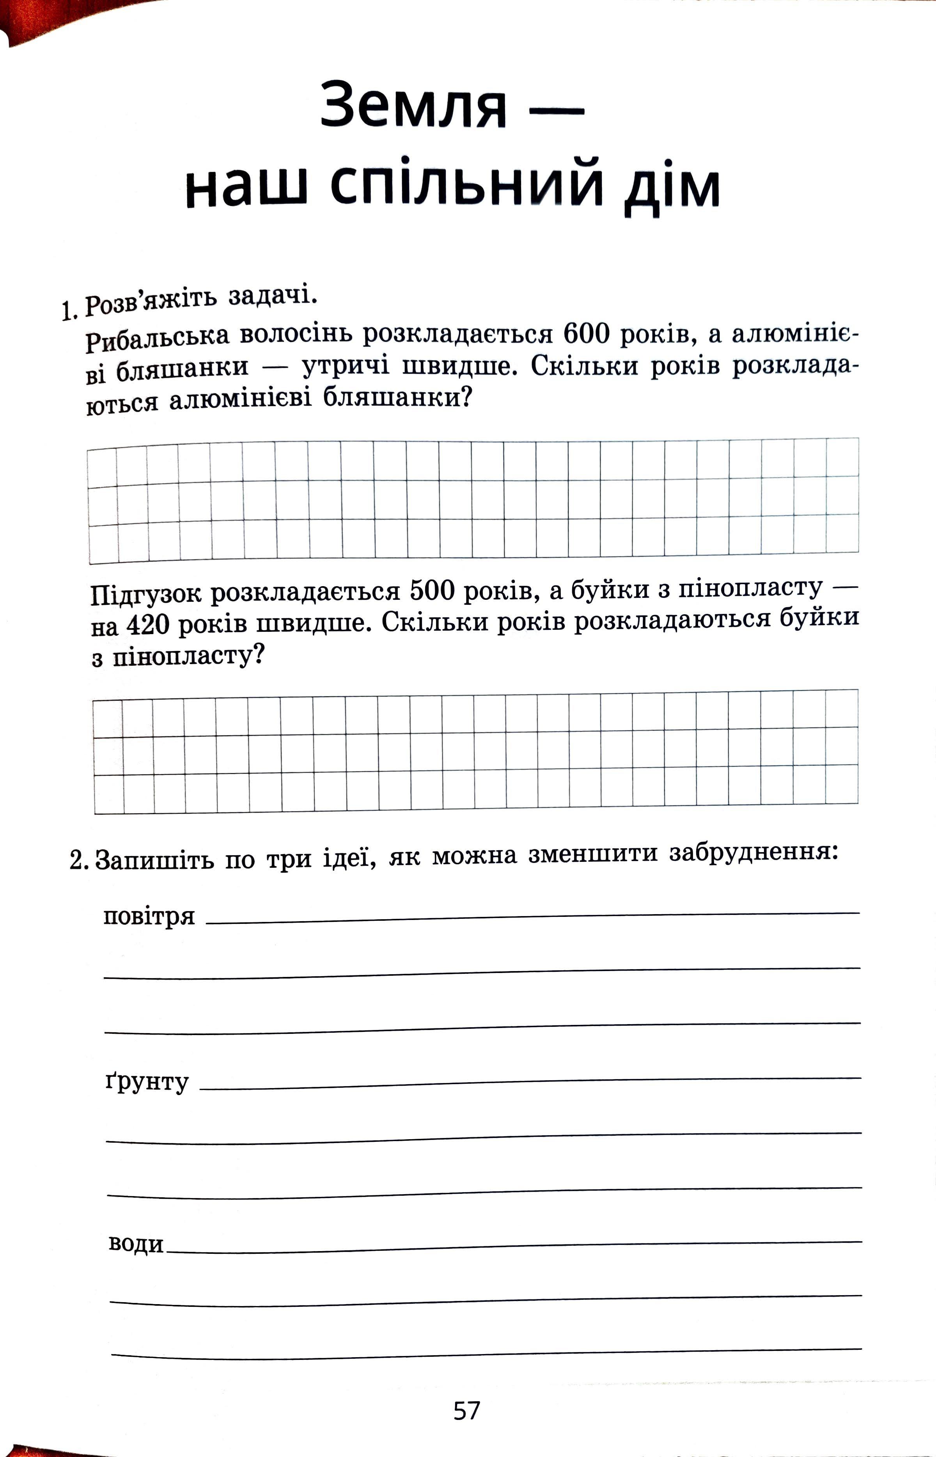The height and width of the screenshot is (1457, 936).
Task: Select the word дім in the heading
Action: point(672,186)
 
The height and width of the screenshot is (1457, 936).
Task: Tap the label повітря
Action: point(149,916)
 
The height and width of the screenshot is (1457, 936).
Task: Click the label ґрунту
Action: point(147,1081)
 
